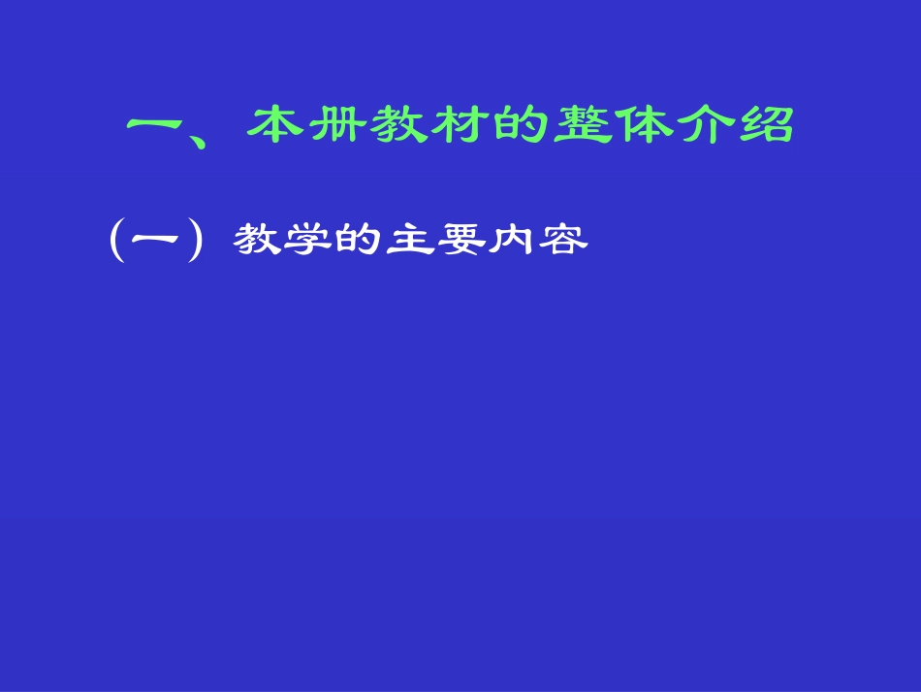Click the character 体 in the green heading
[x=644, y=125]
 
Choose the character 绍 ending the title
[x=766, y=125]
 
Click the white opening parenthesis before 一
[x=116, y=240]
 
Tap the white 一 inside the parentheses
[x=156, y=240]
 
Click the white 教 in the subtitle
[x=256, y=240]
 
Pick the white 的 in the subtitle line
[x=358, y=240]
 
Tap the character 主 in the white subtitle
[x=409, y=240]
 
